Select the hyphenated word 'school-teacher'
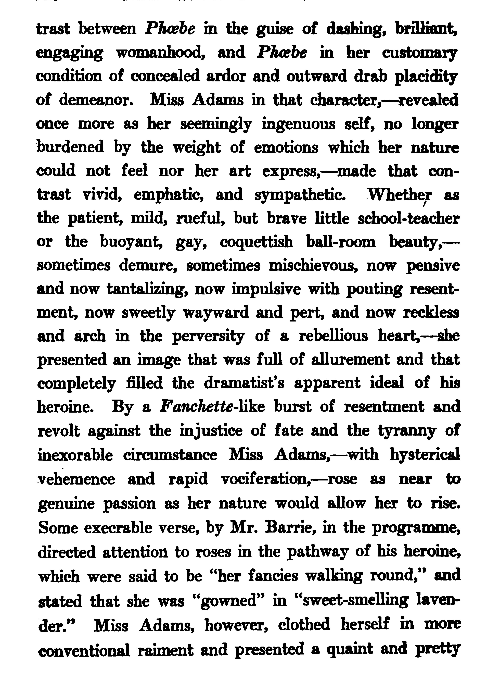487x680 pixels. point(408,219)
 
